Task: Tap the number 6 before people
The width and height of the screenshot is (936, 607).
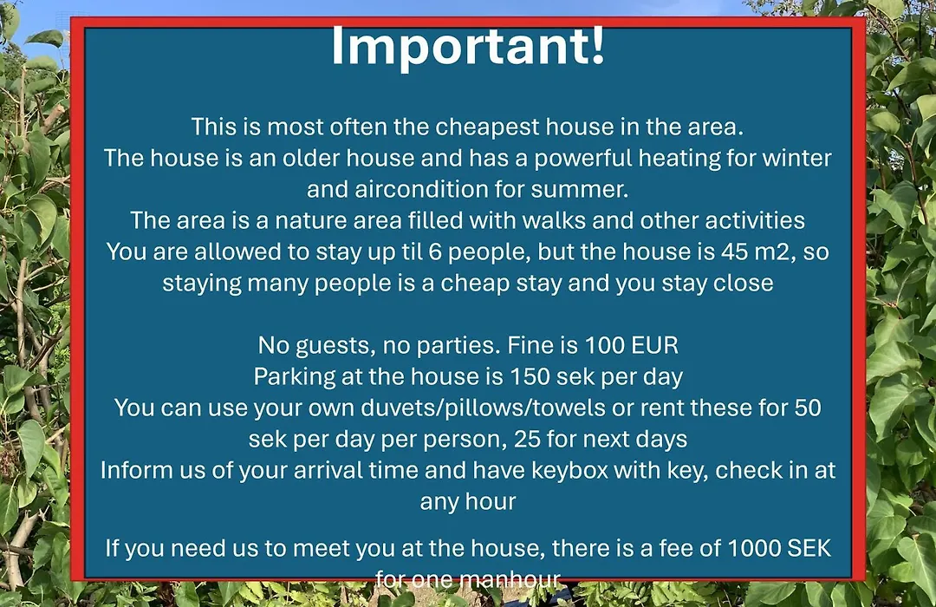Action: [x=435, y=252]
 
